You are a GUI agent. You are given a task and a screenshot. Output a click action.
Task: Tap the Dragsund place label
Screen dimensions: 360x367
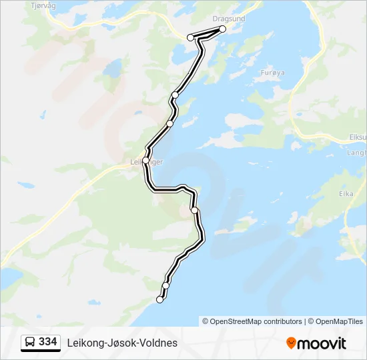[228, 19]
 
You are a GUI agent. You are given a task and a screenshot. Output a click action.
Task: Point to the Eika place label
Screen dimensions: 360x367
[346, 194]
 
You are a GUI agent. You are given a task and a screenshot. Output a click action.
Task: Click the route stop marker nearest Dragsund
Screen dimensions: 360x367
[222, 29]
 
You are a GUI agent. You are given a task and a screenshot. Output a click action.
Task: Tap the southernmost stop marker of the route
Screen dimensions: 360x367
[159, 300]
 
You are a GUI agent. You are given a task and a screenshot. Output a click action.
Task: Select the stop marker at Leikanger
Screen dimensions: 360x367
[145, 160]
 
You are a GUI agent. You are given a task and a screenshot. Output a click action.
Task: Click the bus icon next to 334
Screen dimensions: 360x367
[30, 343]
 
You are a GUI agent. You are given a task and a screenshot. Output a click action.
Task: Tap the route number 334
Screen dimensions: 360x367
[48, 342]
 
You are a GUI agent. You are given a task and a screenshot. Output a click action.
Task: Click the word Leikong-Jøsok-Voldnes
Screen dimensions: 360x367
[122, 343]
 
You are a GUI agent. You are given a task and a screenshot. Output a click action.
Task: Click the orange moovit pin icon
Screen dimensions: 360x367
[291, 343]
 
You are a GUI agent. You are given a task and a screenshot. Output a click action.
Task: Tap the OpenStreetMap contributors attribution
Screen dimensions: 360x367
[256, 321]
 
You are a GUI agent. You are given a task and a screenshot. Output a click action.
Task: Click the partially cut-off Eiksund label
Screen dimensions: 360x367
[358, 137]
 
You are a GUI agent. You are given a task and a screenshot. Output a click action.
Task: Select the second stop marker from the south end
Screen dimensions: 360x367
[165, 285]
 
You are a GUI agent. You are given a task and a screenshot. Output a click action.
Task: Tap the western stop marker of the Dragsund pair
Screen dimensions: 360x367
[190, 37]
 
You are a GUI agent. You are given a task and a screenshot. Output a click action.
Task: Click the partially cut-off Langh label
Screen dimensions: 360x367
[357, 152]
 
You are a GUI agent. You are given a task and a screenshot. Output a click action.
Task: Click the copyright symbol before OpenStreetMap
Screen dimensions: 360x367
[206, 321]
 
